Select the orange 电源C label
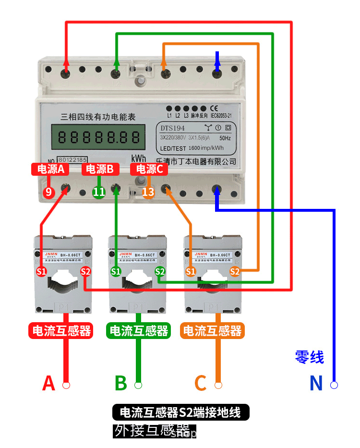point(150,169)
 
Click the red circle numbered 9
point(48,193)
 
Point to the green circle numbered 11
point(99,193)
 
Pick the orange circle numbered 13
point(149,193)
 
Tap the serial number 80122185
point(72,159)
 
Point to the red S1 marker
point(42,272)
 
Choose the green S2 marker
point(160,272)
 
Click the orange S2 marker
point(235,272)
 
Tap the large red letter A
point(48,383)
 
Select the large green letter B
point(121,383)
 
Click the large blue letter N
point(316,383)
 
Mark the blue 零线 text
point(309,357)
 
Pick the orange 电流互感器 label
point(212,330)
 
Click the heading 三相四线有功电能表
point(98,117)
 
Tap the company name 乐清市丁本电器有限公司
point(196,162)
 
